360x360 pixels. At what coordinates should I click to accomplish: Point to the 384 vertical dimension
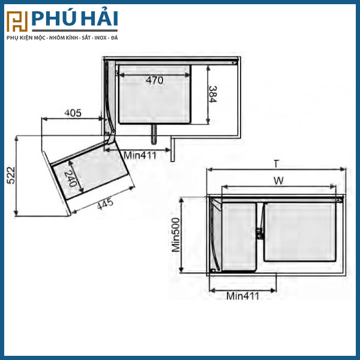point(212,94)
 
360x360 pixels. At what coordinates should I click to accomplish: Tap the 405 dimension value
point(73,113)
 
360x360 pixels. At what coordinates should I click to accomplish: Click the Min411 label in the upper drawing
point(140,155)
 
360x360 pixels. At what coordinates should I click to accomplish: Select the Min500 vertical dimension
point(176,235)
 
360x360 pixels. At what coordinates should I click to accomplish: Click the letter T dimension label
point(275,163)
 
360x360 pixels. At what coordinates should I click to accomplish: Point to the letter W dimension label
point(279,180)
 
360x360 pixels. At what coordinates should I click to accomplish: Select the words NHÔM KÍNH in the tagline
point(62,38)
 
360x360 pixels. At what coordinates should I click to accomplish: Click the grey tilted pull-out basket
point(93,174)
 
